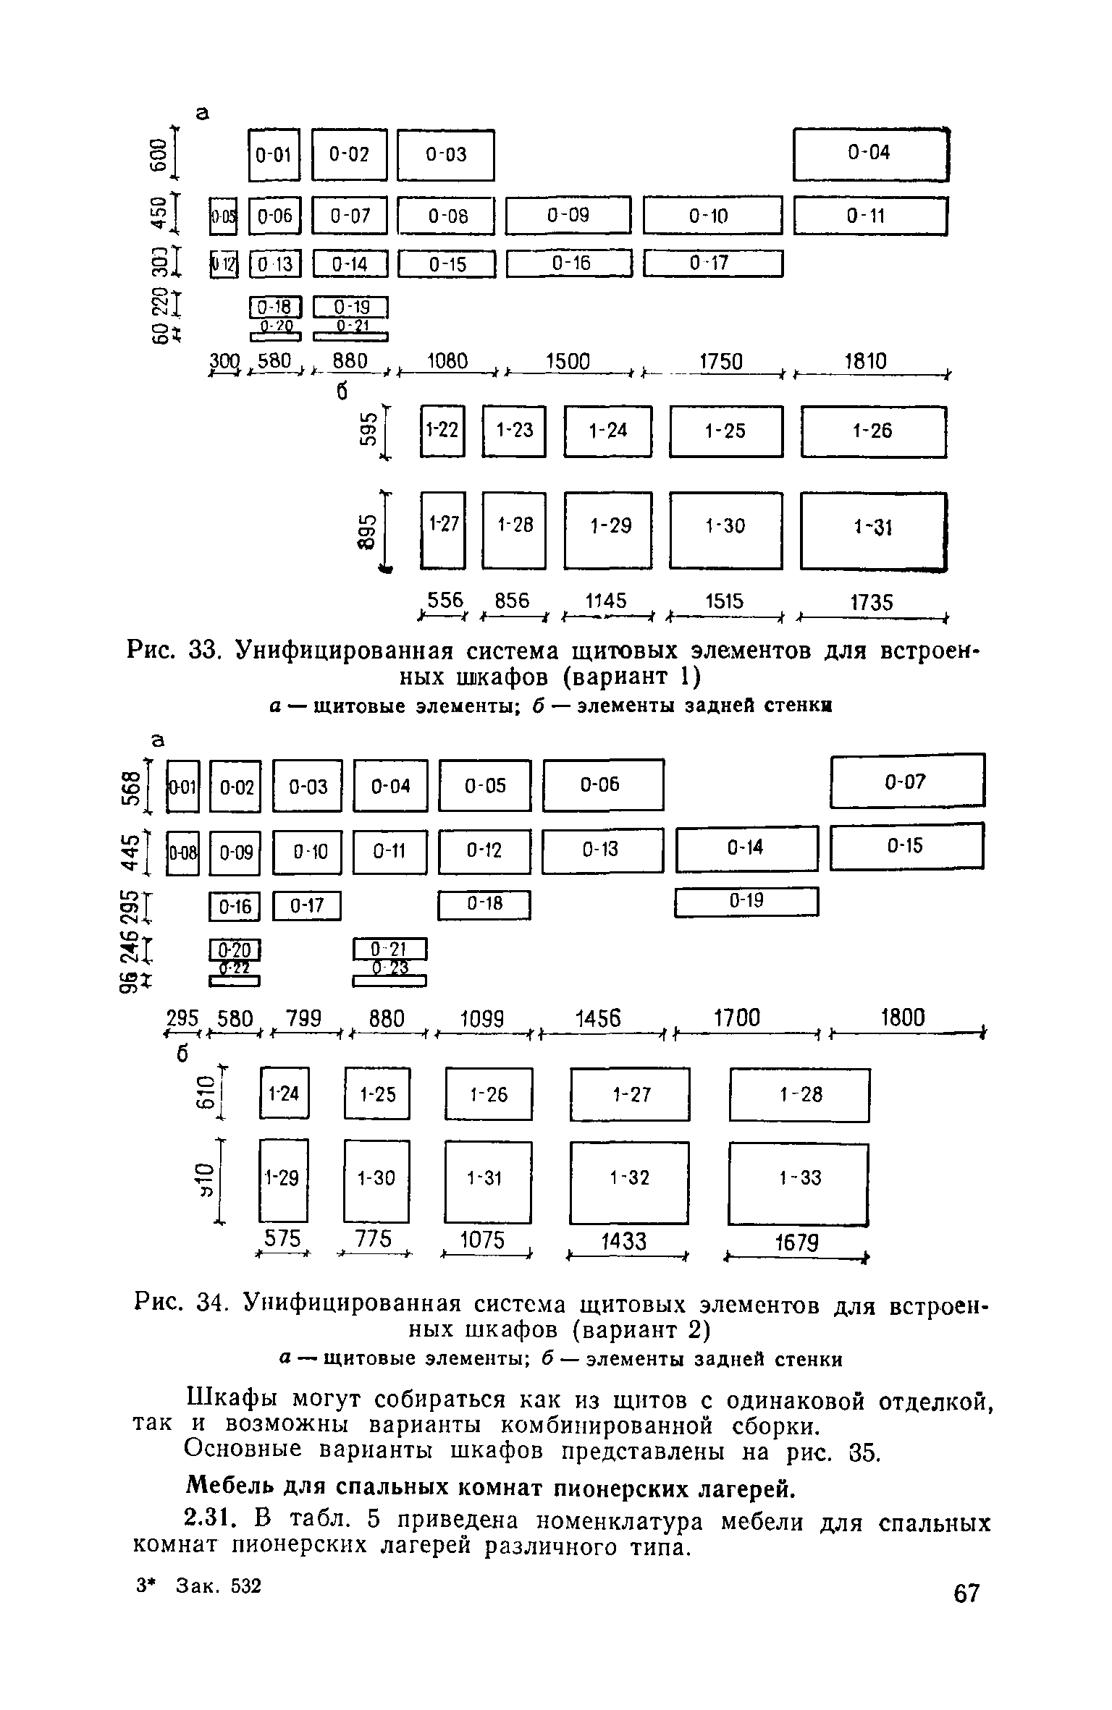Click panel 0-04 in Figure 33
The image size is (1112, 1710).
tap(870, 153)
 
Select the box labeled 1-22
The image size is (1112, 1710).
tap(442, 431)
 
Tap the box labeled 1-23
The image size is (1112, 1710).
tap(514, 431)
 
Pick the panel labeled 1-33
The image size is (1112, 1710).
tap(799, 1179)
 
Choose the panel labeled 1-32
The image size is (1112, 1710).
tap(629, 1178)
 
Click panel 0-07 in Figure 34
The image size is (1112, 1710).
tap(907, 781)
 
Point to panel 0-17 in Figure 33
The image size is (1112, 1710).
tap(713, 263)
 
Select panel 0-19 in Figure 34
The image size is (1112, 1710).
tap(746, 902)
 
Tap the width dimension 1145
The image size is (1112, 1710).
tap(607, 601)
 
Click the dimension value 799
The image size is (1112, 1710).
tap(303, 1019)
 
